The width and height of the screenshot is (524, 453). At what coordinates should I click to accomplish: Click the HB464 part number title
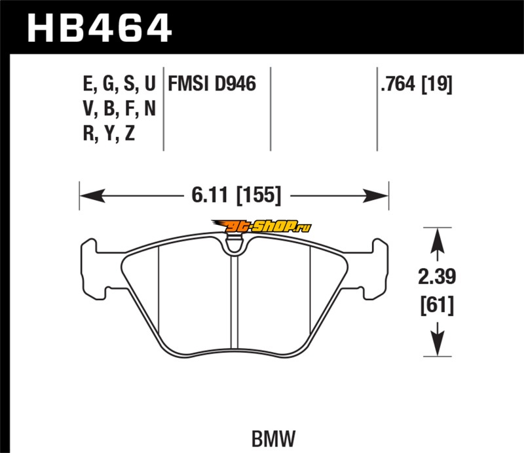point(100,28)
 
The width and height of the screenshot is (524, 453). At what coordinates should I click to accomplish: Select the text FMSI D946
point(212,84)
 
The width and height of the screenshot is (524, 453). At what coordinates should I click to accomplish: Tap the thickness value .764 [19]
point(417,84)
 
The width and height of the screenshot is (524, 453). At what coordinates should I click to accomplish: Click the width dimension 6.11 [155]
point(236,195)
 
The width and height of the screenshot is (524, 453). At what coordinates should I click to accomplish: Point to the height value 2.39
point(437,277)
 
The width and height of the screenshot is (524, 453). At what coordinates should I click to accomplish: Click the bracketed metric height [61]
point(437,305)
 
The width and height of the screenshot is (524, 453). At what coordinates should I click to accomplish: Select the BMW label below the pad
point(273,439)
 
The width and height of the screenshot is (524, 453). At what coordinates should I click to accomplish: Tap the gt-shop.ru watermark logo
point(261,227)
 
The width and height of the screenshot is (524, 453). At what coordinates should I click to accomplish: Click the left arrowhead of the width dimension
point(92,195)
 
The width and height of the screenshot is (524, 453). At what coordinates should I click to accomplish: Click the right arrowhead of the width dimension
point(375,196)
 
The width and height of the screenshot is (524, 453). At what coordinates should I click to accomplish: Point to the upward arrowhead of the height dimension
point(437,241)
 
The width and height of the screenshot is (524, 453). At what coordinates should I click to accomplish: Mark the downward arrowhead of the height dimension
point(437,344)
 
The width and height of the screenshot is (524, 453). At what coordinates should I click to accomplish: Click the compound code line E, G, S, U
point(119,84)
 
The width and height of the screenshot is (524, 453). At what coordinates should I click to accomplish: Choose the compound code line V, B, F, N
point(119,108)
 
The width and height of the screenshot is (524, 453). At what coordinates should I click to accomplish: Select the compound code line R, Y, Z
point(109,133)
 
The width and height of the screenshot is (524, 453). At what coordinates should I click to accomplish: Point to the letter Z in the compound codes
point(130,133)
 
